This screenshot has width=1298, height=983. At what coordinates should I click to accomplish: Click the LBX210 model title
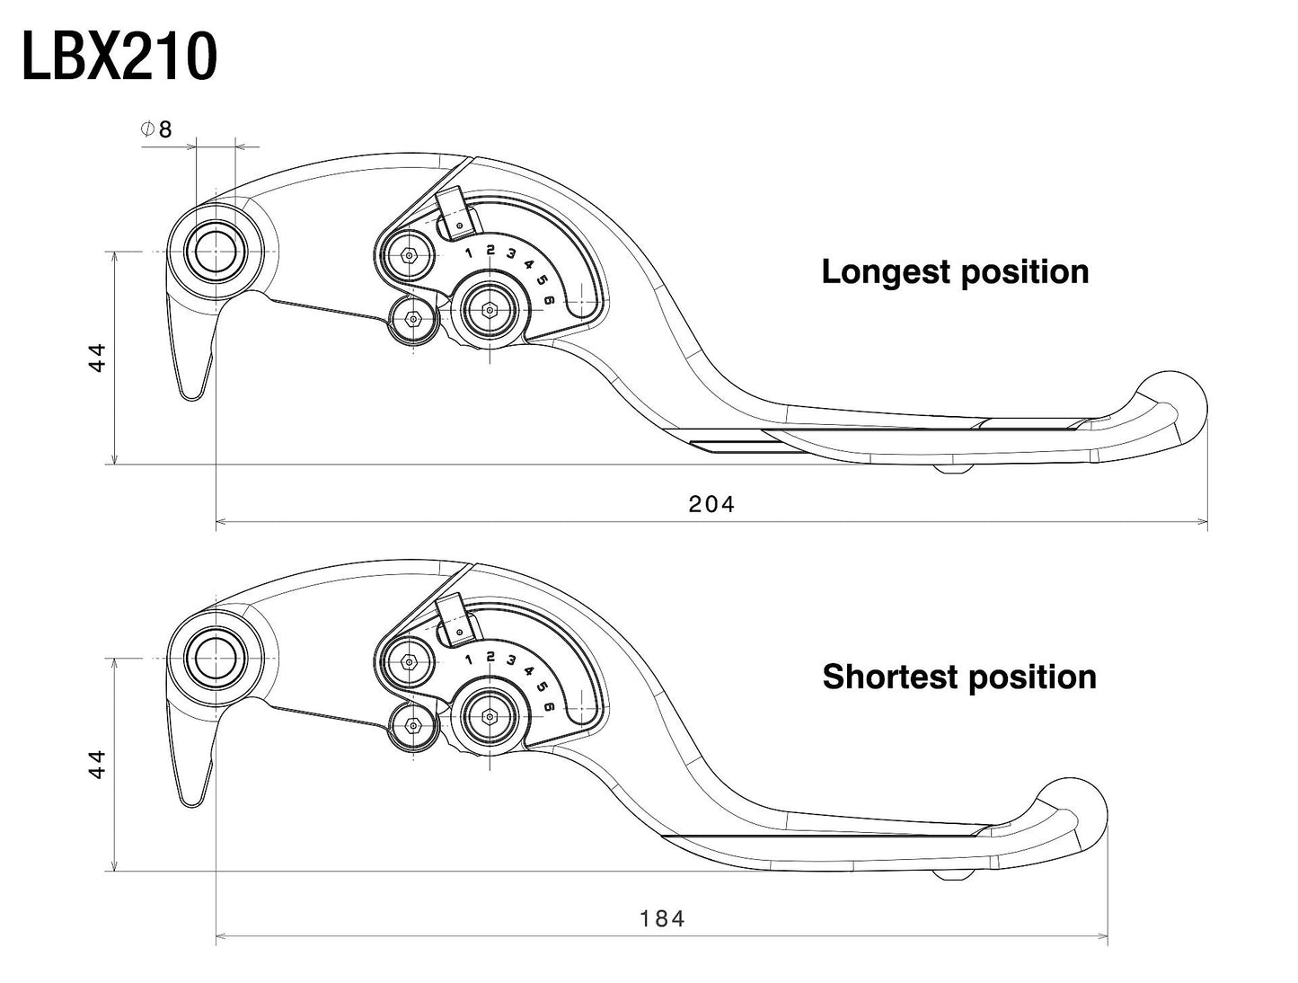click(119, 58)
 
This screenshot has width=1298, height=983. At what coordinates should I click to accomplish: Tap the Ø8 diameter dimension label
click(156, 129)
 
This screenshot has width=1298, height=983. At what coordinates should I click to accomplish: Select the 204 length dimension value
click(711, 505)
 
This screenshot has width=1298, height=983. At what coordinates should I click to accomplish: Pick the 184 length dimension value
click(662, 919)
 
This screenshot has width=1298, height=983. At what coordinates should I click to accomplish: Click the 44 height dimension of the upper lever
click(98, 357)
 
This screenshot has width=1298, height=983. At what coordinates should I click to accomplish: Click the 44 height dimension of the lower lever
click(98, 765)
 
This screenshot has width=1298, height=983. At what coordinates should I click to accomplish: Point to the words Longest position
click(955, 271)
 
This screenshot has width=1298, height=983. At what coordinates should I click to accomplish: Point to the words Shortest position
click(958, 677)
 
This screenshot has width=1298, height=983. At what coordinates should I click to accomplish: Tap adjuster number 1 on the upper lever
click(469, 252)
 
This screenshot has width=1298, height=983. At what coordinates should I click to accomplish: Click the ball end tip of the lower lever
click(1073, 810)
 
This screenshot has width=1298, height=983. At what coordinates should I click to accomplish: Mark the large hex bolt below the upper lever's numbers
click(490, 310)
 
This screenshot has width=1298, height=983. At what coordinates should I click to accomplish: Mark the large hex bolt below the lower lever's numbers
click(490, 716)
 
